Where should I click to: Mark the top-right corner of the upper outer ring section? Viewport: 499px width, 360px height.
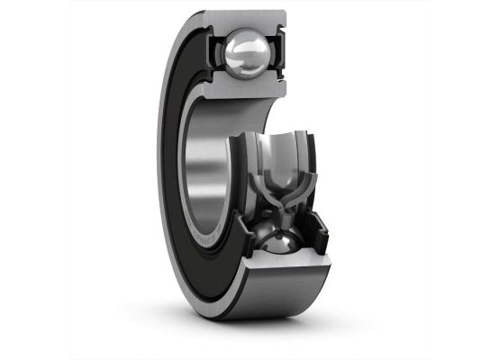coord(286,12)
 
